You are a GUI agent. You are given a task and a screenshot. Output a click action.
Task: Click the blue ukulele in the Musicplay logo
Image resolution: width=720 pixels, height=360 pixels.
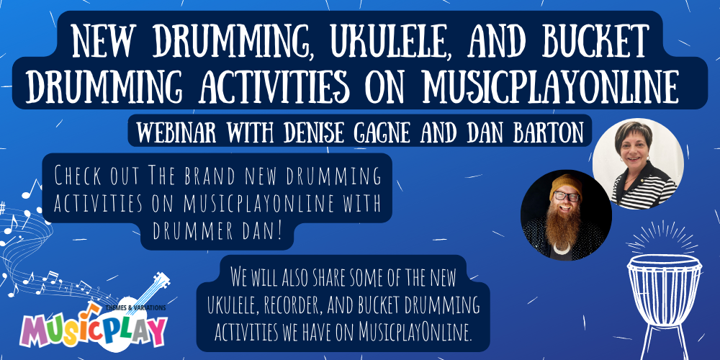point(148,295)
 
